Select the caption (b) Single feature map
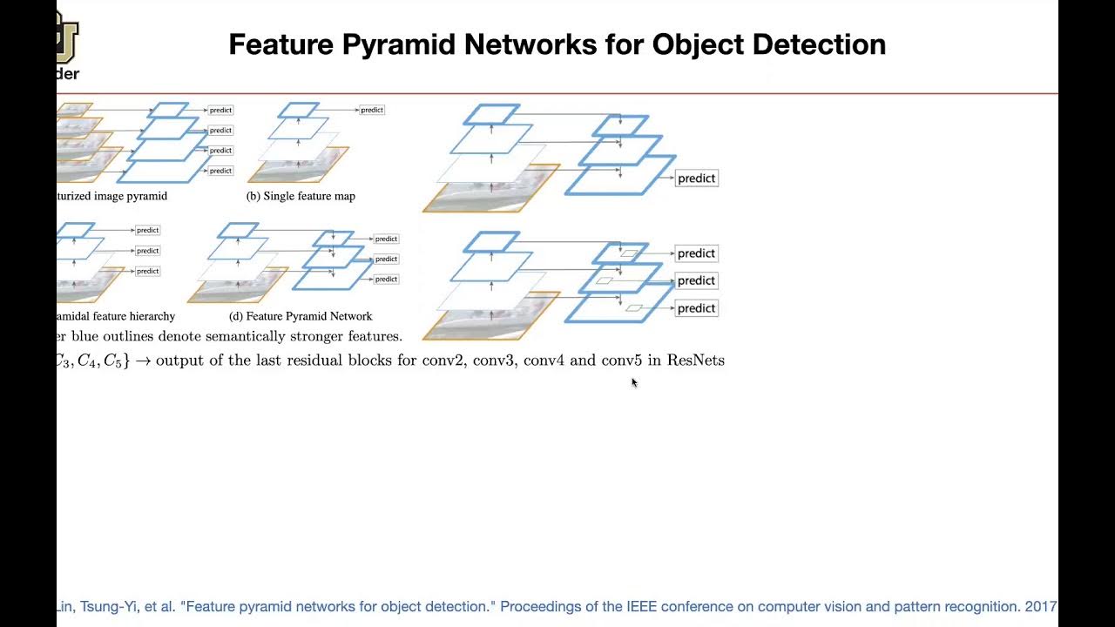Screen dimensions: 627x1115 coord(301,196)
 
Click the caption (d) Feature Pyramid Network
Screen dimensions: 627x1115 coord(301,316)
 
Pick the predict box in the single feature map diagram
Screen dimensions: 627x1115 coord(372,110)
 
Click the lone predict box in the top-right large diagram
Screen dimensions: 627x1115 coord(696,179)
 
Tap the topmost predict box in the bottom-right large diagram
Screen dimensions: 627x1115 coord(696,253)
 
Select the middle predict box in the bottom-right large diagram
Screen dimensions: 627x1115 coord(696,280)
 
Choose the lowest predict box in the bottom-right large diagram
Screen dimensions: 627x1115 coord(696,308)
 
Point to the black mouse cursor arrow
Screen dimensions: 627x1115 coord(633,381)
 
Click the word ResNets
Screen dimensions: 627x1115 coord(695,361)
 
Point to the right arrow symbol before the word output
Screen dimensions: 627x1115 coord(142,361)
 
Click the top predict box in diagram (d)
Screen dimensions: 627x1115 coord(386,239)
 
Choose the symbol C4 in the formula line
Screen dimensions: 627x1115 coord(87,361)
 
